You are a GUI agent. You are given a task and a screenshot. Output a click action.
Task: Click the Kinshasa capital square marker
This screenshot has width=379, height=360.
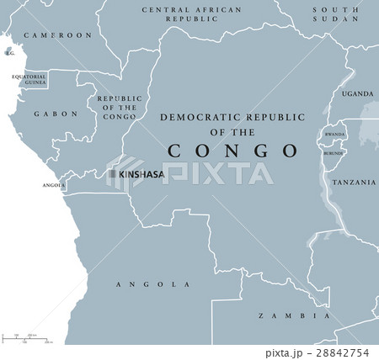[x=111, y=174]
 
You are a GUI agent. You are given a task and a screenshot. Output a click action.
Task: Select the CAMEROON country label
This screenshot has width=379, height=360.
[x=57, y=35]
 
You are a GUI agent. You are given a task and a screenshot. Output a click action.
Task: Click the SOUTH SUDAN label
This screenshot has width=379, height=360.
[x=334, y=14]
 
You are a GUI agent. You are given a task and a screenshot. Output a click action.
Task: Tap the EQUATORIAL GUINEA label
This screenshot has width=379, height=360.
[x=28, y=80]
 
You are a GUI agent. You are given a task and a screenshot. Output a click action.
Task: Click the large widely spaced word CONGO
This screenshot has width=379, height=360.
[x=233, y=151]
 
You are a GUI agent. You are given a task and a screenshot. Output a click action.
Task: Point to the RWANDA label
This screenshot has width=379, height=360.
[x=335, y=135]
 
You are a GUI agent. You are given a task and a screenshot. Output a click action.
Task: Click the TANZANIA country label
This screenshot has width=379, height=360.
[x=353, y=182]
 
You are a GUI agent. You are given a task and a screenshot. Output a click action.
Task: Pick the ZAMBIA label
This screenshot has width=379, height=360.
[x=293, y=316]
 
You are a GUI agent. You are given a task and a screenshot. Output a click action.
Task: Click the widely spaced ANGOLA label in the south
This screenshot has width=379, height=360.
[x=152, y=285]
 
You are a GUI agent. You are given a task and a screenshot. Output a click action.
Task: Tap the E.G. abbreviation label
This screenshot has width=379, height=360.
[x=10, y=53]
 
